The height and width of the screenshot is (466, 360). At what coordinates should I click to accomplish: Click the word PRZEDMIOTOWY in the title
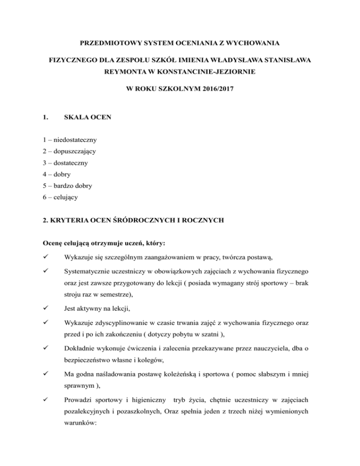pyautogui.click(x=111, y=44)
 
